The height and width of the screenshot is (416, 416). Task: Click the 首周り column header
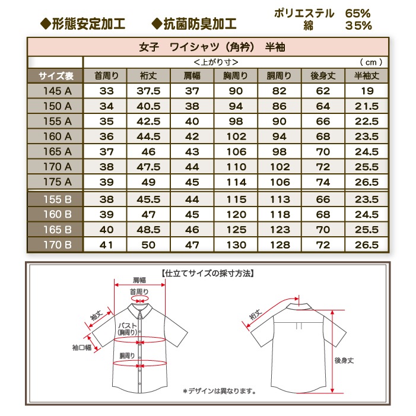pyautogui.click(x=107, y=75)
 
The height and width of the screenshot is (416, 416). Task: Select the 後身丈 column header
pyautogui.click(x=323, y=75)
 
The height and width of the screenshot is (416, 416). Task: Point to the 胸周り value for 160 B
pyautogui.click(x=236, y=214)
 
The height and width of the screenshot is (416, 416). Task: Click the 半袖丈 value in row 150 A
pyautogui.click(x=366, y=106)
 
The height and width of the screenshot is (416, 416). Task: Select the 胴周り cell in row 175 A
pyautogui.click(x=279, y=182)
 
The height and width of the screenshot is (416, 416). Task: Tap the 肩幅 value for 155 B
pyautogui.click(x=192, y=199)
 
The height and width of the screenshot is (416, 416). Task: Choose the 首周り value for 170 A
pyautogui.click(x=107, y=167)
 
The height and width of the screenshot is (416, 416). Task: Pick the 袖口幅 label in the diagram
pyautogui.click(x=81, y=348)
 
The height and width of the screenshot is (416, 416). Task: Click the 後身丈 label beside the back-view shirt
pyautogui.click(x=344, y=360)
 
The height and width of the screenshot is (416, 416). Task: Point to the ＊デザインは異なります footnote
pyautogui.click(x=219, y=390)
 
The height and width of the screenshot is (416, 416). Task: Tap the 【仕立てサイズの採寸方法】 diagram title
pyautogui.click(x=208, y=274)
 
